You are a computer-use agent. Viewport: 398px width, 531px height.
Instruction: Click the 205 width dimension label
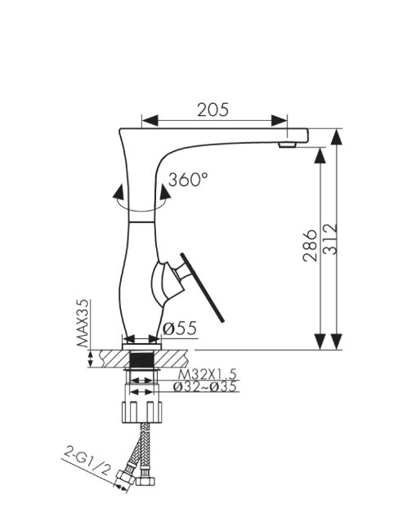pyautogui.click(x=213, y=109)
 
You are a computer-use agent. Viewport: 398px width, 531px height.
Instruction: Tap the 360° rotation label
pyautogui.click(x=188, y=180)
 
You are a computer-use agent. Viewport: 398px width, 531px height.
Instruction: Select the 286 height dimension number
pyautogui.click(x=311, y=246)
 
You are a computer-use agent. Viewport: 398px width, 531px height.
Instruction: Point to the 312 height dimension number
pyautogui.click(x=330, y=239)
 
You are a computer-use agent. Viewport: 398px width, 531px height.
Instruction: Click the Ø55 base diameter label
pyautogui.click(x=180, y=328)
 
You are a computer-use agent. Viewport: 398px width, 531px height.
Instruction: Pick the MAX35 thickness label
pyautogui.click(x=83, y=323)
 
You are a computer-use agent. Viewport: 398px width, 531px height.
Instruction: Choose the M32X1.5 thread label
pyautogui.click(x=207, y=374)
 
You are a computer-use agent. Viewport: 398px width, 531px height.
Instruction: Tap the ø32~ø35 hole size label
pyautogui.click(x=205, y=386)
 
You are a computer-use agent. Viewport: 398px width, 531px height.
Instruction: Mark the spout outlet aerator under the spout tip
pyautogui.click(x=287, y=145)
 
